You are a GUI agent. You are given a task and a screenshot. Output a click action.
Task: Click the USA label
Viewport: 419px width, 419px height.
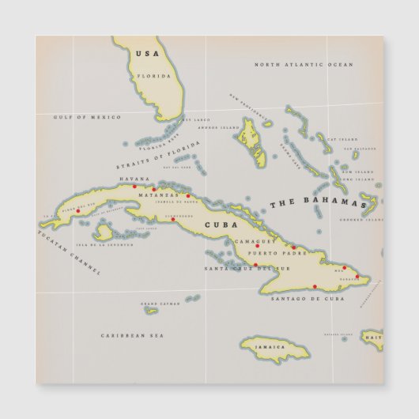point(147,53)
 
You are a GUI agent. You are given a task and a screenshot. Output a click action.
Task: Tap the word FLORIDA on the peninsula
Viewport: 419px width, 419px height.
point(154,76)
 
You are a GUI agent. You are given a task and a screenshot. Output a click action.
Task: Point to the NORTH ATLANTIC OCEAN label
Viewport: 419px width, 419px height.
point(304,64)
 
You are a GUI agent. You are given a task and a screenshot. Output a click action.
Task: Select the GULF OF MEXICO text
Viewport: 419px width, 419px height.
point(87,117)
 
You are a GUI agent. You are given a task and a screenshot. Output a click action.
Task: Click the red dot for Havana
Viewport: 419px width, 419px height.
point(134,187)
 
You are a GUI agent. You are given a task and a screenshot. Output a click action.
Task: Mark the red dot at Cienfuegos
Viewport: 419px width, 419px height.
point(172,219)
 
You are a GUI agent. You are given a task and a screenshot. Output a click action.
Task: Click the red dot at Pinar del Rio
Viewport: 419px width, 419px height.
point(77,210)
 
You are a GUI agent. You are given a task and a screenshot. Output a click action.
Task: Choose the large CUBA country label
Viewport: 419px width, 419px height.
point(221,225)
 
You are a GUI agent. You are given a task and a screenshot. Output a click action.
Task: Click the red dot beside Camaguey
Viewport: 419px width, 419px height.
point(257,246)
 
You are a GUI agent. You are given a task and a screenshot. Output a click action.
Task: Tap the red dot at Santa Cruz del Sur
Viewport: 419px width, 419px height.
point(255,265)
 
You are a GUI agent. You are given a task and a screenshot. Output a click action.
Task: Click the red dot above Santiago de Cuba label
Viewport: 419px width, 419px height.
point(315,286)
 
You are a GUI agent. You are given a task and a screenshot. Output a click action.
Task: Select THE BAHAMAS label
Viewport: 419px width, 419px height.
point(319,203)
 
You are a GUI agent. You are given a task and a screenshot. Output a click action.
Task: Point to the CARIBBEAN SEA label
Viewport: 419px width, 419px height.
point(132,335)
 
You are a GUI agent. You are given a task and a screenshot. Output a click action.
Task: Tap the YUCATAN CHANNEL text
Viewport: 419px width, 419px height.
point(70,251)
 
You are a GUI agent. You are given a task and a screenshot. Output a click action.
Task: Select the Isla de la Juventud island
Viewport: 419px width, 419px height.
point(103,232)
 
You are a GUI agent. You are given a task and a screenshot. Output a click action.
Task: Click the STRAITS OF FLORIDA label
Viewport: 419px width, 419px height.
point(158,155)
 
